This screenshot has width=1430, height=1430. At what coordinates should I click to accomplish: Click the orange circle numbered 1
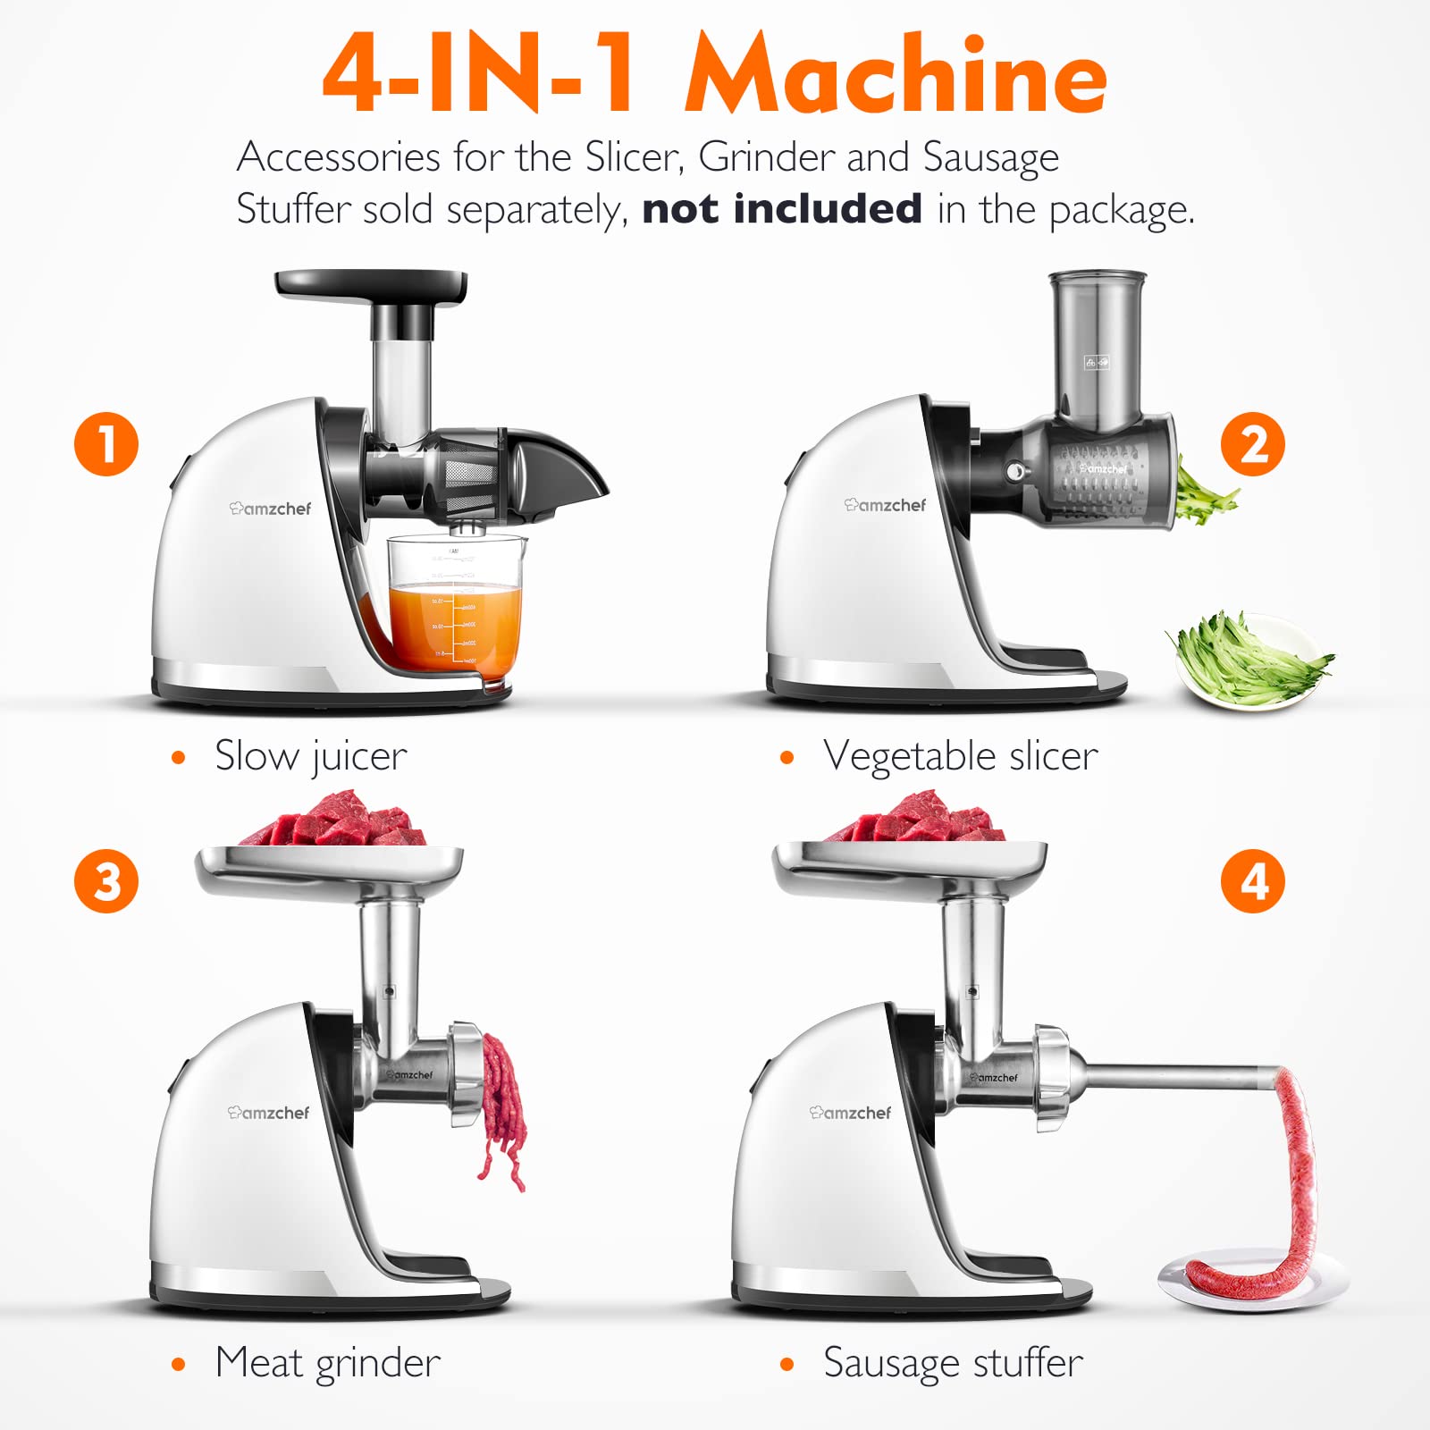coord(106,444)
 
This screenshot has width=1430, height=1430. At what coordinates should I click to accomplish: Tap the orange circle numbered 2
coord(1253,444)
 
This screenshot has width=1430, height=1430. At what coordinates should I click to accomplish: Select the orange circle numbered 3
coord(106,881)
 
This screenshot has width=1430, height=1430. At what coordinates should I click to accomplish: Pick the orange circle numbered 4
coord(1253,881)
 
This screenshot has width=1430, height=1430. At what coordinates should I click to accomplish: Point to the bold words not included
coord(782,209)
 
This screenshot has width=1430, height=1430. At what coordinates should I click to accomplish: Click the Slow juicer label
coord(310,757)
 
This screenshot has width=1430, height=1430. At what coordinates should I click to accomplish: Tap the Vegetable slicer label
coord(960,757)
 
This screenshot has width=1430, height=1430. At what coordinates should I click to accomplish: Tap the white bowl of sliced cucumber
coord(1251,661)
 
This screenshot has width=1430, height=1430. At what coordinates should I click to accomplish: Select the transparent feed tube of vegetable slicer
coord(1097,344)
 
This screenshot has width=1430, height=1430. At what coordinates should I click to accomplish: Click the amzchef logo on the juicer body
coord(271,509)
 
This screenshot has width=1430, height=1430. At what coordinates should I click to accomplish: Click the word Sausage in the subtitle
coord(990,158)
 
